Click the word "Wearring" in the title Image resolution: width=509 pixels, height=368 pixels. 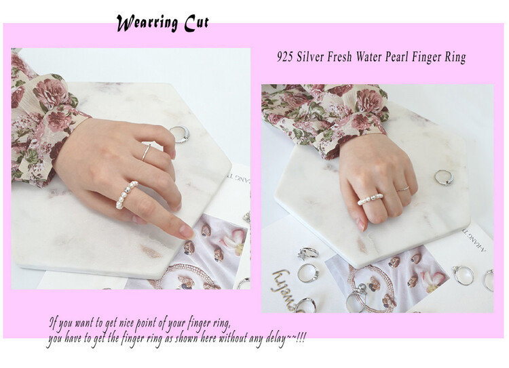[147, 23]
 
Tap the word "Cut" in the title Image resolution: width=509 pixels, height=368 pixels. [196, 23]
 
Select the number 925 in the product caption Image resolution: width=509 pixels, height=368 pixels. [284, 57]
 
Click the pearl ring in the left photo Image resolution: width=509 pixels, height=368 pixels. [126, 195]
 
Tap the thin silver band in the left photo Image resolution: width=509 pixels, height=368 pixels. [146, 152]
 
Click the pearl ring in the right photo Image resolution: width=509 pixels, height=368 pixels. [371, 199]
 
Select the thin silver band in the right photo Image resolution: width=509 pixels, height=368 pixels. [403, 188]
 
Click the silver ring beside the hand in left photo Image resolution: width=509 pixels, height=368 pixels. [180, 134]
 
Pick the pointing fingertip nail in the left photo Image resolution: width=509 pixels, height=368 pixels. [187, 232]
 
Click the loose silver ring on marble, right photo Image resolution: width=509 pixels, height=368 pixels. [444, 178]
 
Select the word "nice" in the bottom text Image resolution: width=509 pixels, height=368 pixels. [126, 323]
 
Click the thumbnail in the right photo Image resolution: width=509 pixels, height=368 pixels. [361, 224]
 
